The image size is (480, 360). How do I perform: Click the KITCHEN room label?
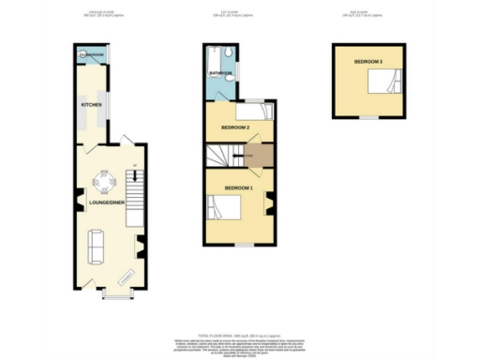[x=91, y=104]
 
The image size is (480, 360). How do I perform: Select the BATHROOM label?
[x=219, y=72]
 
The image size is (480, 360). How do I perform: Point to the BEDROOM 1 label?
[x=239, y=189]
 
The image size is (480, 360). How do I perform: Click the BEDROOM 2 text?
[x=234, y=126]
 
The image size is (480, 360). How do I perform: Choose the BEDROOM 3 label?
[x=367, y=61]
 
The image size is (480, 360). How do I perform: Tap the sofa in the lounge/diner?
[x=95, y=246]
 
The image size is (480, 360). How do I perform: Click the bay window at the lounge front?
[x=115, y=297]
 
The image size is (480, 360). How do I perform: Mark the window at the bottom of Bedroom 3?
[x=367, y=117]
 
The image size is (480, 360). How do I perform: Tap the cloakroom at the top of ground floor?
[x=92, y=55]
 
